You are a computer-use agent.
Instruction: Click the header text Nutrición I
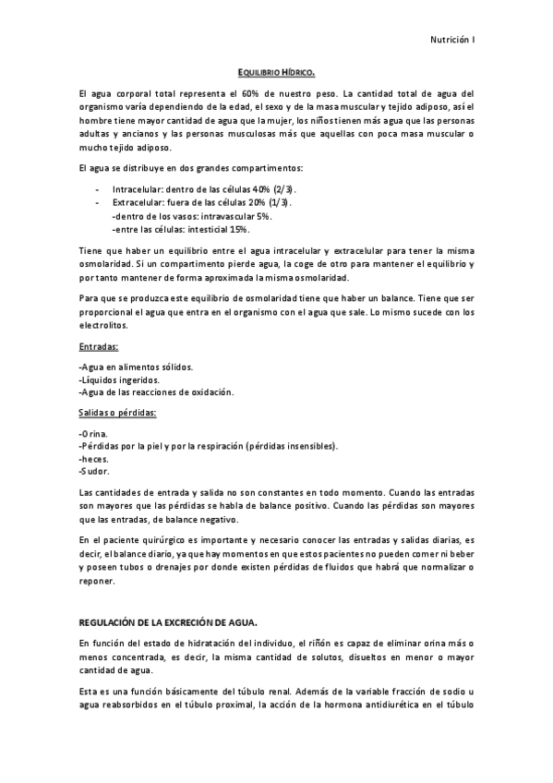point(452,39)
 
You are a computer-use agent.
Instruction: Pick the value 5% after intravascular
point(262,215)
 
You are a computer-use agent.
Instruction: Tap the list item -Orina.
point(93,433)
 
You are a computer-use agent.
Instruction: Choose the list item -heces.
point(94,459)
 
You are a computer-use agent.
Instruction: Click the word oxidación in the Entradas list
point(212,392)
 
